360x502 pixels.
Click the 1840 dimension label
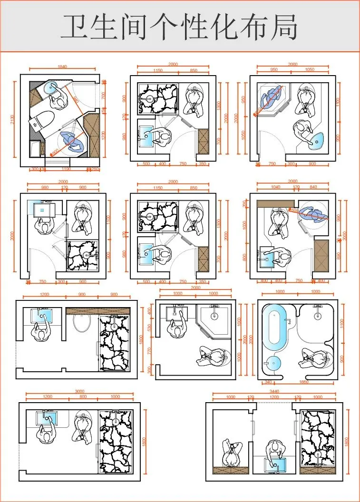[x=62, y=67]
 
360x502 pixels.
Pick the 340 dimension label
[x=268, y=381]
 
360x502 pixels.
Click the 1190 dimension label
[x=66, y=169]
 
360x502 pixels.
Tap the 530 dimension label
[x=149, y=328]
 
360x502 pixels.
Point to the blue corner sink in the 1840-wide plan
[x=49, y=87]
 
